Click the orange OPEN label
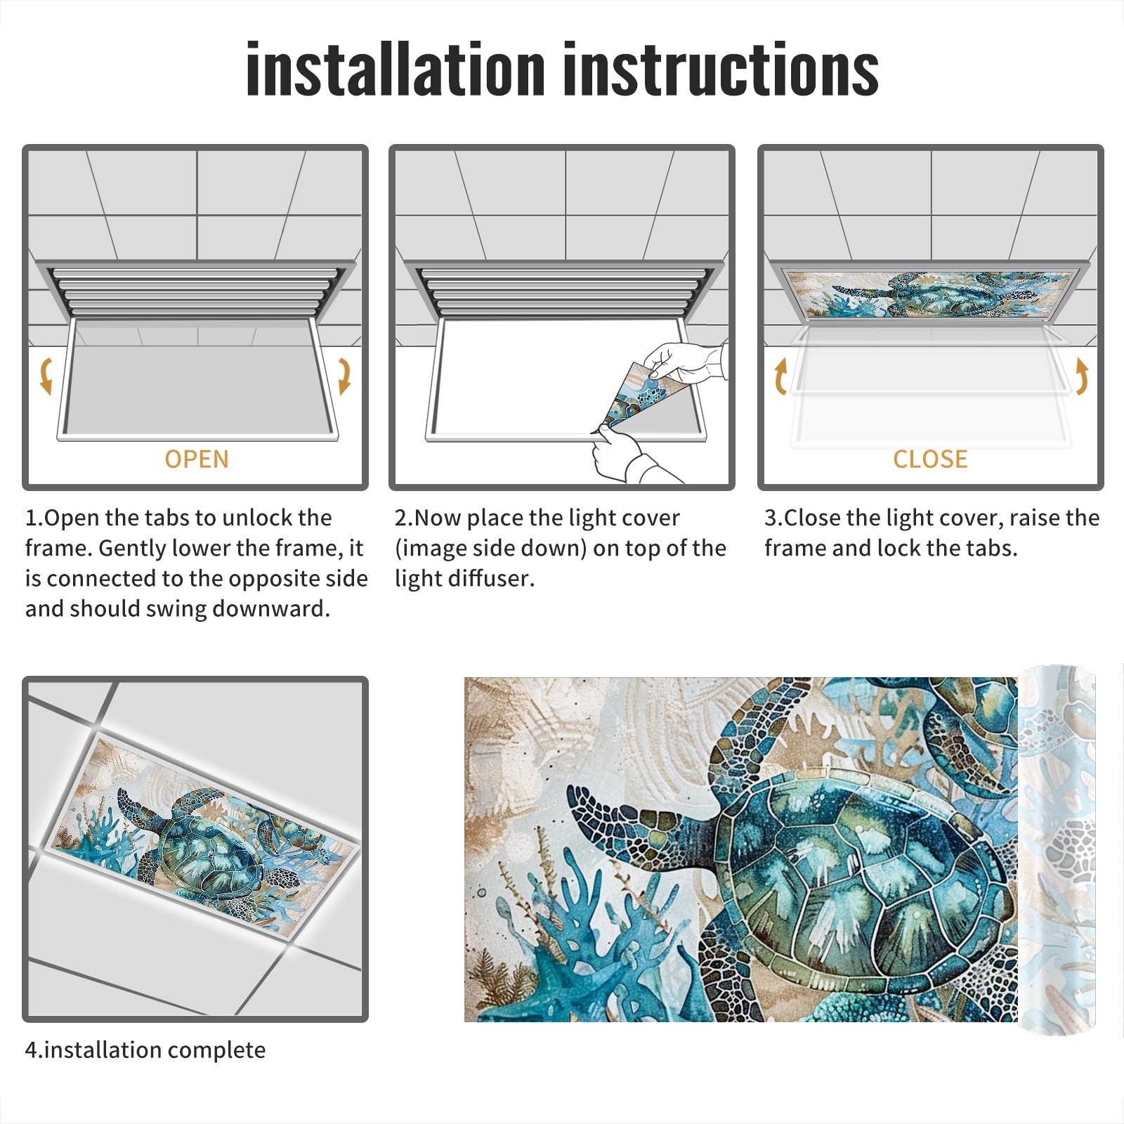point(197,459)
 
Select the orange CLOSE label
point(930,459)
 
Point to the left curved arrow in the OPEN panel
point(46,376)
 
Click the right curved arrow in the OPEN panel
point(344,376)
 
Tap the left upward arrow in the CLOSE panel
point(780,376)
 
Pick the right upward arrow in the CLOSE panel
point(1082,376)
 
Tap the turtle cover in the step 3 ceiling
point(930,294)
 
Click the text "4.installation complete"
point(145,1050)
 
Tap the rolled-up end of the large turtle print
point(1057,850)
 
